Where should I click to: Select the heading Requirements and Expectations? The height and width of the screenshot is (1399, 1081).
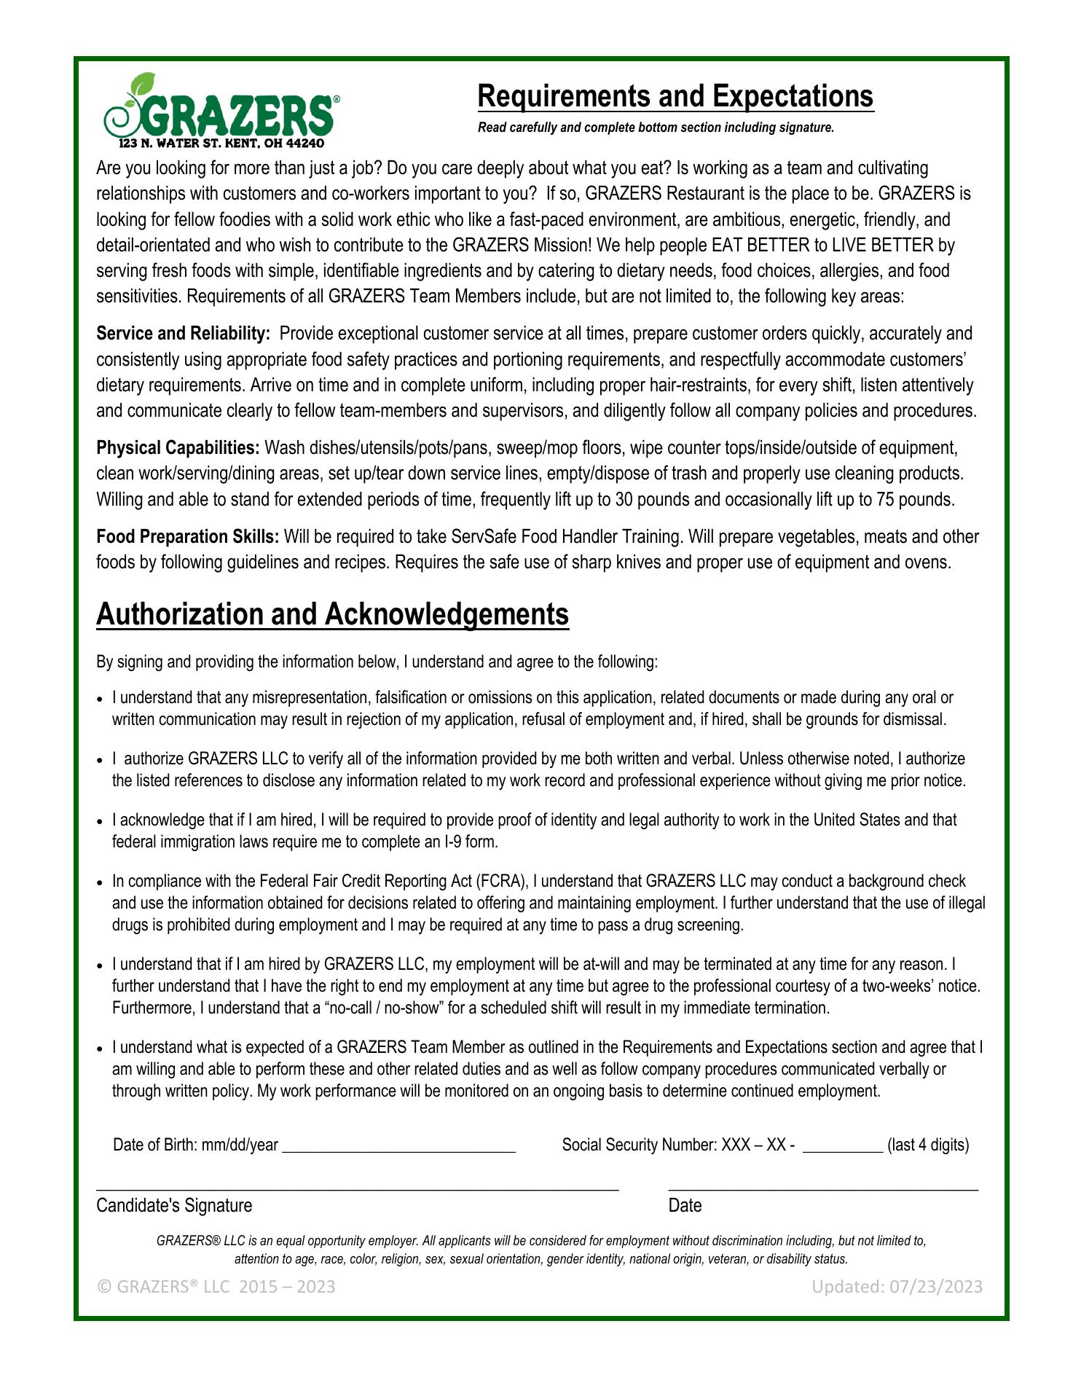675,96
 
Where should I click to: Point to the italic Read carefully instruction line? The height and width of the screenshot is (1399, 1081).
656,128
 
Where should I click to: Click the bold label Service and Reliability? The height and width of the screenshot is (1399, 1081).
183,334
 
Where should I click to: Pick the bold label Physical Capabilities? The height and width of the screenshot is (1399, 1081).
178,447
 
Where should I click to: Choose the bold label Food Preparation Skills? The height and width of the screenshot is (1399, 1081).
187,537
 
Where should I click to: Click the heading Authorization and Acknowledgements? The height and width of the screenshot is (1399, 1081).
332,614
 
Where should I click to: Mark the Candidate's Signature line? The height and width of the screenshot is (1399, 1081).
357,1187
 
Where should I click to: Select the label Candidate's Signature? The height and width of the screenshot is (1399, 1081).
174,1206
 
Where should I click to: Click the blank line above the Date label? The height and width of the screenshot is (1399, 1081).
823,1188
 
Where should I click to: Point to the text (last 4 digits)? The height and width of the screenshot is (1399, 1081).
928,1145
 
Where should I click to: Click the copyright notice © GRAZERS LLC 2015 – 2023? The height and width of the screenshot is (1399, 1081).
216,1287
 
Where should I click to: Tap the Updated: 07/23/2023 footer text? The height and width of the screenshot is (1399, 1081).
897,1287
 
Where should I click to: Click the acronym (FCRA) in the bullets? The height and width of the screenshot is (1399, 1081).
501,882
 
